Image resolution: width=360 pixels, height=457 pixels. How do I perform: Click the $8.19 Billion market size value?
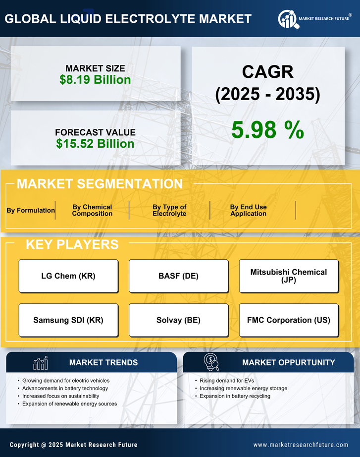95,80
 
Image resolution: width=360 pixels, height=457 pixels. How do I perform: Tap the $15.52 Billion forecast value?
95,144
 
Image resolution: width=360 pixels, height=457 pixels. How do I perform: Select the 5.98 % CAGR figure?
267,130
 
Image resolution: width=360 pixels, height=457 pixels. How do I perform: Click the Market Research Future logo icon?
287,19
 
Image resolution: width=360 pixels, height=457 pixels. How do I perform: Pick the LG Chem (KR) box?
68,276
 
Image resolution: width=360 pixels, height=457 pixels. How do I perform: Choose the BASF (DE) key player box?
178,276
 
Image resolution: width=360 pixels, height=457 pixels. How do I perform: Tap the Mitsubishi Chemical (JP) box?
289,276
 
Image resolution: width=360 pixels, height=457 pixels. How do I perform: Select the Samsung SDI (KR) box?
68,320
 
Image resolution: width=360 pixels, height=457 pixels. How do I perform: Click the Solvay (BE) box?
178,320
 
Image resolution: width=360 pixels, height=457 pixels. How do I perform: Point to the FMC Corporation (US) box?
289,320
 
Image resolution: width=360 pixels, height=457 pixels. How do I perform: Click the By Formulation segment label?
31,210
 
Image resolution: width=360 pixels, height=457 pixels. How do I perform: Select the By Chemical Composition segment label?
92,210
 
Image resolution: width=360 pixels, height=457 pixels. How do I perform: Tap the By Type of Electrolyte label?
169,210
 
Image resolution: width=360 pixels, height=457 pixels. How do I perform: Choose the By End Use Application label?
248,210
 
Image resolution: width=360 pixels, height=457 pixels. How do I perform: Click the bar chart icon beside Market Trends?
41,363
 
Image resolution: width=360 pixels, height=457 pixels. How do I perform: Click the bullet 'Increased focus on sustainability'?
60,396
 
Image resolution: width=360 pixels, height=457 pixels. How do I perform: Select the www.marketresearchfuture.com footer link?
301,445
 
